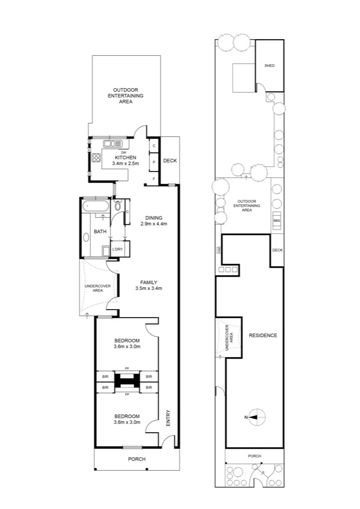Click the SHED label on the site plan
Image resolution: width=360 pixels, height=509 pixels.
(x=270, y=66)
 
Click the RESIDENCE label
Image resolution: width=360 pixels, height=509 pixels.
(x=263, y=336)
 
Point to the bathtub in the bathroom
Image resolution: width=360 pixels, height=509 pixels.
(x=95, y=206)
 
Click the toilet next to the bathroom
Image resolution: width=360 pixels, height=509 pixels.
(x=118, y=206)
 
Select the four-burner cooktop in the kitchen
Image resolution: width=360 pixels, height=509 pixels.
(x=97, y=158)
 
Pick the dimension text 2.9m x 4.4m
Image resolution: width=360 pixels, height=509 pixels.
(x=154, y=224)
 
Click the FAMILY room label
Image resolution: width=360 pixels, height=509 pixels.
(x=148, y=282)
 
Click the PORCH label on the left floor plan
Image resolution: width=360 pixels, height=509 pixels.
(x=137, y=459)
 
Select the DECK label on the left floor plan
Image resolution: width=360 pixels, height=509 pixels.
(x=170, y=161)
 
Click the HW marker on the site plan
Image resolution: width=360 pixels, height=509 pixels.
(x=219, y=250)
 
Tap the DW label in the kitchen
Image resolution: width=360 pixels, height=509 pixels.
(x=123, y=152)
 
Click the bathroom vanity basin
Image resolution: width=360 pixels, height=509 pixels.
(x=86, y=237)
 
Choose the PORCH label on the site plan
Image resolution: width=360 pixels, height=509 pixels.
(x=254, y=456)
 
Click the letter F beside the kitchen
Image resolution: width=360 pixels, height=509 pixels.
(x=154, y=179)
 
